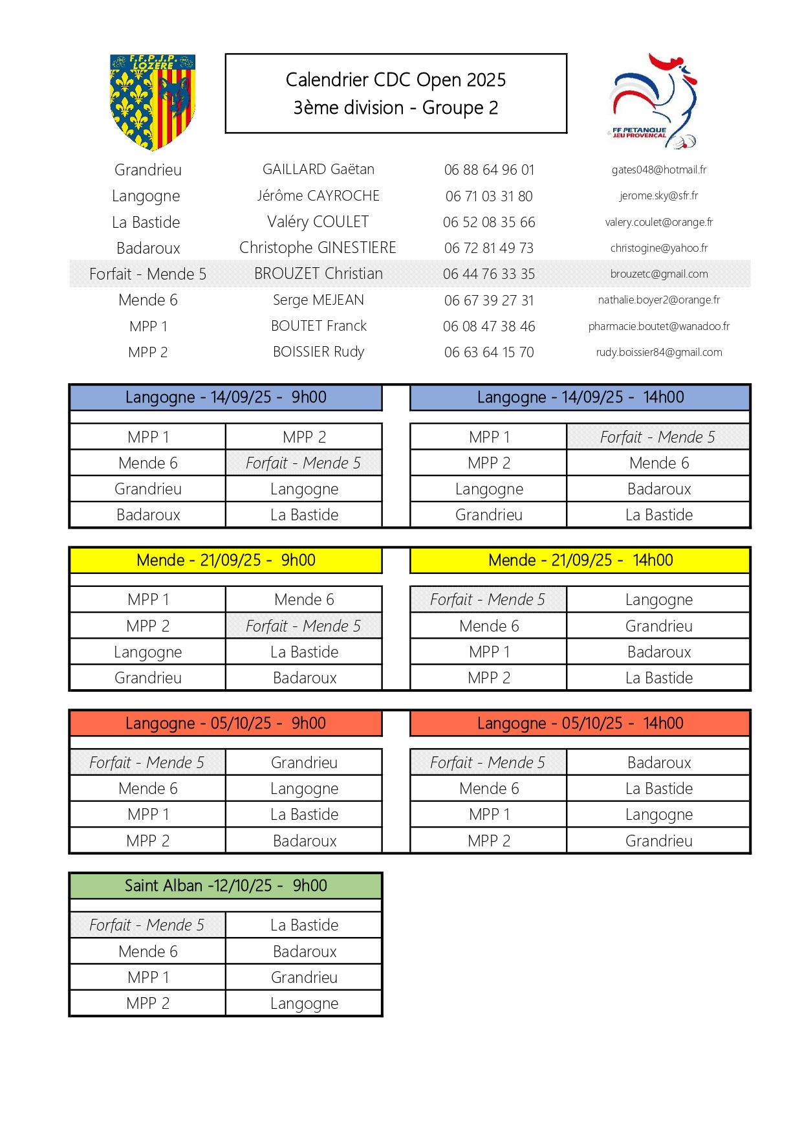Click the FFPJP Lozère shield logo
[153, 102]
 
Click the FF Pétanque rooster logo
[653, 102]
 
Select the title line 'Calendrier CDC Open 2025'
[395, 80]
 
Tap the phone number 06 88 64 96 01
[489, 170]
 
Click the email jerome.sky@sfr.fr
[658, 195]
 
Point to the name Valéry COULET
[318, 222]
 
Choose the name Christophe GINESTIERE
[318, 248]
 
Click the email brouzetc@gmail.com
[658, 274]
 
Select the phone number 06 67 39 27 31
[489, 300]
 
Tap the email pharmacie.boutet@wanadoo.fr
[658, 326]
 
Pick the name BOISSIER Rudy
[318, 352]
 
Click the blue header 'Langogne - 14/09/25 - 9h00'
[226, 397]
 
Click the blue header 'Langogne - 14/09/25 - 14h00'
[580, 397]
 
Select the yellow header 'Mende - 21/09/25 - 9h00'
[226, 560]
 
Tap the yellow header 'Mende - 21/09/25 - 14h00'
[580, 560]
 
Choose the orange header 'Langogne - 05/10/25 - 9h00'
[226, 723]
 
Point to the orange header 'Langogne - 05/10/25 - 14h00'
[580, 723]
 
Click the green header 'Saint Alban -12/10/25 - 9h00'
[226, 886]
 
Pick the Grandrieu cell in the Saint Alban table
[304, 977]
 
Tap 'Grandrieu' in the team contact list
[148, 170]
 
